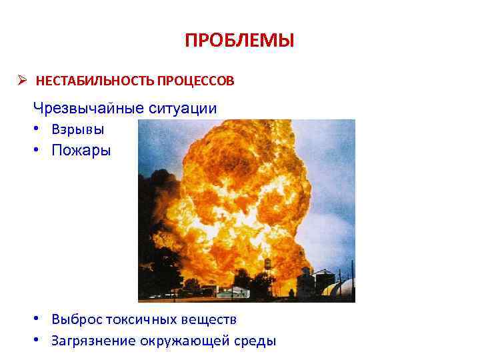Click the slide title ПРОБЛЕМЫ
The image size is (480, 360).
(x=239, y=41)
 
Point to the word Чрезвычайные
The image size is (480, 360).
(x=83, y=108)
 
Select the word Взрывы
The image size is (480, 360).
(x=77, y=129)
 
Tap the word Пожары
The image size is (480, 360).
(x=81, y=150)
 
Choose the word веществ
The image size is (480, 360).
(x=211, y=320)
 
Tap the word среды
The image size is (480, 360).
(x=253, y=341)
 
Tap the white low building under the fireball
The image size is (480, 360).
(x=233, y=291)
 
